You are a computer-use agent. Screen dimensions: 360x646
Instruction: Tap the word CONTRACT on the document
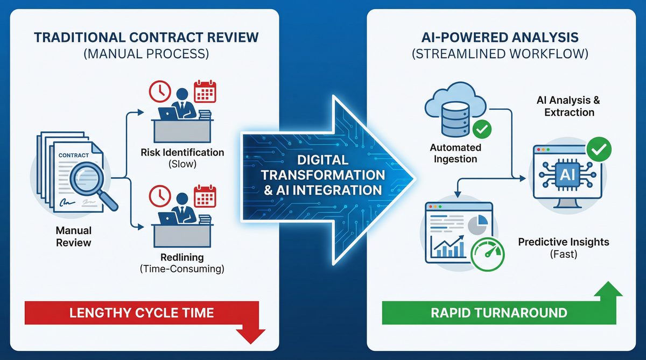73,156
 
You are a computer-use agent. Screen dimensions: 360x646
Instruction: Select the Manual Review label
74,236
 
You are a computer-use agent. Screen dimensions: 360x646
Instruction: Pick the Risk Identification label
182,152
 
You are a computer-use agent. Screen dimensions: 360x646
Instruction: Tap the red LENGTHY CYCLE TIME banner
142,313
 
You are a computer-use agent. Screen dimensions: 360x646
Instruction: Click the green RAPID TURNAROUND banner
498,313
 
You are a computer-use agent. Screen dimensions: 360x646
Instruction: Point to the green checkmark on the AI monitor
598,147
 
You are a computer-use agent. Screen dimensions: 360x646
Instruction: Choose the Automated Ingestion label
455,153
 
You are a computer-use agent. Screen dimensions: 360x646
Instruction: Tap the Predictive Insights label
564,242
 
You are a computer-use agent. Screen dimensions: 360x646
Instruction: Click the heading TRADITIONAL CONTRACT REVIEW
146,38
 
